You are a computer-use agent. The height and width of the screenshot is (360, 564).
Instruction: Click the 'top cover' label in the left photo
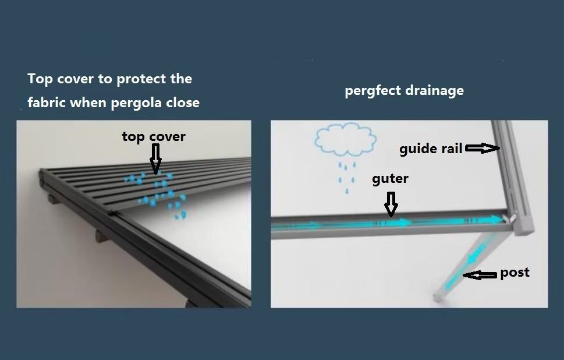coord(154,137)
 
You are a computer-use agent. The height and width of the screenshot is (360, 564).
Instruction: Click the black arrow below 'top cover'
coord(155,159)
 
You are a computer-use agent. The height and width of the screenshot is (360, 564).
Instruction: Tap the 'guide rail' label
coord(431,149)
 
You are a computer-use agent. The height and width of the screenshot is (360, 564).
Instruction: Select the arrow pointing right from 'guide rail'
coord(483,148)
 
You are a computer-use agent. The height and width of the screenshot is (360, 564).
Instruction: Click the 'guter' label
coord(391,179)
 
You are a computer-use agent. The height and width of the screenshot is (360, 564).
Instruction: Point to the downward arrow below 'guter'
coord(391,204)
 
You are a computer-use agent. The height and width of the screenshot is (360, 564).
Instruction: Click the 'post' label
coord(515,273)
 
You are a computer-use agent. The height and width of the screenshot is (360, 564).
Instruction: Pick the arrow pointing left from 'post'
coord(480,276)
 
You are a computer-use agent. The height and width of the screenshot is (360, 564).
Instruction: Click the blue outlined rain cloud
coord(346,140)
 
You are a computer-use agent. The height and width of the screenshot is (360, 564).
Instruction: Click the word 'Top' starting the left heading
coord(40,79)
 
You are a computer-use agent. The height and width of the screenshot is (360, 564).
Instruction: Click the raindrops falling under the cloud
coord(347,177)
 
